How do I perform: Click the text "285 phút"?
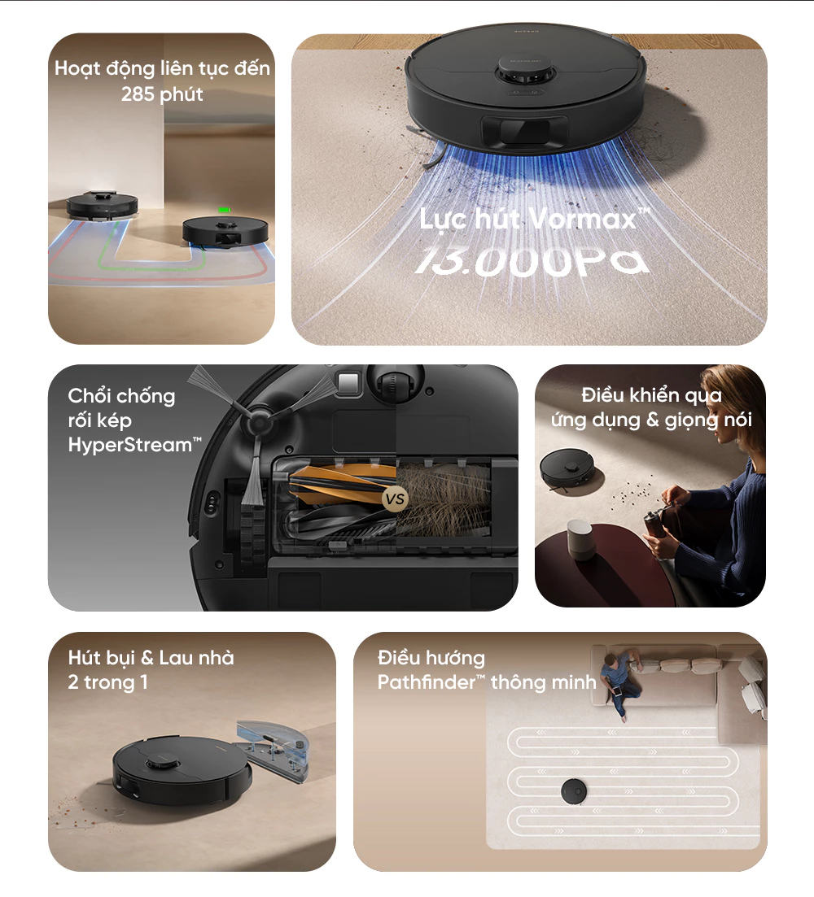tap(162, 94)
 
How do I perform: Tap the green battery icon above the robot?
tap(222, 210)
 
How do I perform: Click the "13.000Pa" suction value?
tap(534, 261)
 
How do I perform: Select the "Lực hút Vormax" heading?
tap(534, 219)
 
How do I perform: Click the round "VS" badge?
tap(396, 499)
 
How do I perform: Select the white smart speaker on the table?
tap(582, 538)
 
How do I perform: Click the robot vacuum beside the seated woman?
tap(571, 469)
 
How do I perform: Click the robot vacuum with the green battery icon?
tap(224, 231)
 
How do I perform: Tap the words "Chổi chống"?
tap(121, 396)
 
